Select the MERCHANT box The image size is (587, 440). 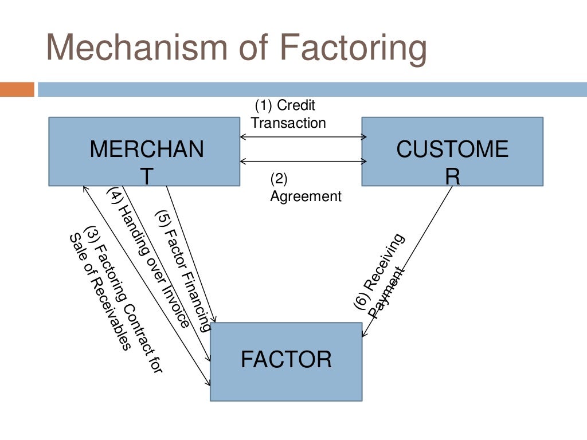coord(144,152)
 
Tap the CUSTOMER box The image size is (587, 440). coord(452,152)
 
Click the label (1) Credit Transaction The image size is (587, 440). coord(288,114)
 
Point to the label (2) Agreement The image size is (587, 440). coord(305,188)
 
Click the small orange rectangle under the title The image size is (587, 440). coord(17,89)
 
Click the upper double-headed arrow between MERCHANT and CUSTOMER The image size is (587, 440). coord(303,137)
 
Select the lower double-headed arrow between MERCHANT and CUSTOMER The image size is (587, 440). coord(303,162)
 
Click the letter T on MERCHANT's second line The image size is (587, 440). coord(147,176)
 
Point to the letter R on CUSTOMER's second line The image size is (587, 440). coord(452,176)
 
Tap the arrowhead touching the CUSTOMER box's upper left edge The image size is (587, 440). coord(363,137)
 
